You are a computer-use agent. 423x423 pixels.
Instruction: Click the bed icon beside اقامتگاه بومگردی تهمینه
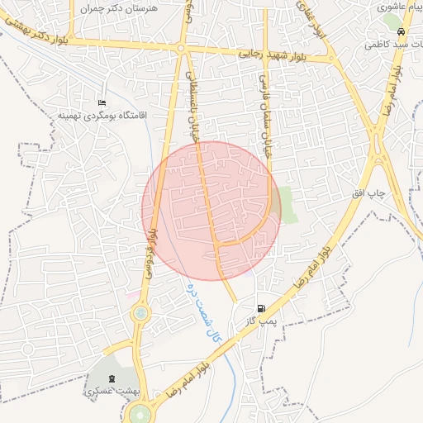click(102, 102)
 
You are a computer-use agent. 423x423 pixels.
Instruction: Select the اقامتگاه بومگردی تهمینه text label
click(102, 116)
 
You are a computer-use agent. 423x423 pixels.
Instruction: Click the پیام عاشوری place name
click(402, 7)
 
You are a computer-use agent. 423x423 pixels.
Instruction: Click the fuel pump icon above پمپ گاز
click(261, 307)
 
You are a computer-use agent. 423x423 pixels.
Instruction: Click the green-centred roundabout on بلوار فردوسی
click(140, 313)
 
